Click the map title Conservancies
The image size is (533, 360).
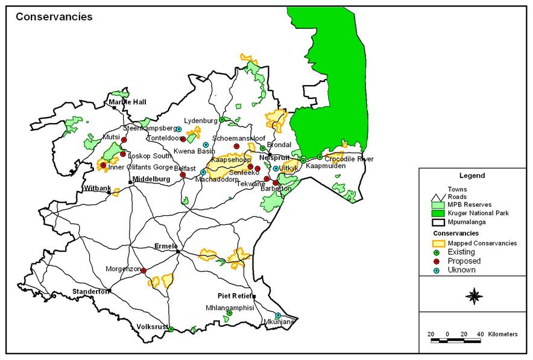click(54, 17)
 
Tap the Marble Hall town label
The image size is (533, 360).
click(127, 103)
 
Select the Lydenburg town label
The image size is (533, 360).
click(201, 120)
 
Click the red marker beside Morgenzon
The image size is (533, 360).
click(143, 271)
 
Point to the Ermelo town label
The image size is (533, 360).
click(166, 246)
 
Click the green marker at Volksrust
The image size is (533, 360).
click(171, 329)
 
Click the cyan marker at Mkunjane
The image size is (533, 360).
click(278, 315)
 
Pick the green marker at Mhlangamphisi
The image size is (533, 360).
click(229, 313)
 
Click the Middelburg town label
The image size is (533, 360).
click(152, 179)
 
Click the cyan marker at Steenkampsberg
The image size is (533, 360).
click(178, 129)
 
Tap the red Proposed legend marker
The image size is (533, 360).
click(438, 261)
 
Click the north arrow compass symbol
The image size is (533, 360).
click(475, 296)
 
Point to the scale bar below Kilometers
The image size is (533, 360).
click(455, 341)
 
